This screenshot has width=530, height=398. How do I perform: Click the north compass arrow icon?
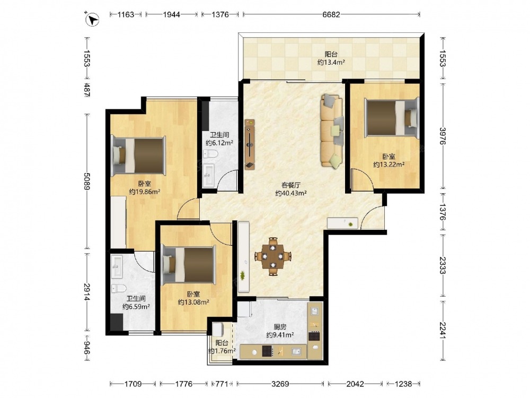tap(92, 19)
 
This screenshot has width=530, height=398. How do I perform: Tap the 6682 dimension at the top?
tap(331, 14)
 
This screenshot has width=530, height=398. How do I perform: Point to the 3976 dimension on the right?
tap(443, 136)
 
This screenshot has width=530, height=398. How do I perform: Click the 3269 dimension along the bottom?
tap(280, 384)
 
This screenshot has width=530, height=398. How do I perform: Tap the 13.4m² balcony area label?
tap(331, 62)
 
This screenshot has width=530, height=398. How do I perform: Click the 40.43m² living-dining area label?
tap(290, 193)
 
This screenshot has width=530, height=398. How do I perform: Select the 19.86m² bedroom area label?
tap(145, 192)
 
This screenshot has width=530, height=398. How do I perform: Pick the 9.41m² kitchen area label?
tap(280, 335)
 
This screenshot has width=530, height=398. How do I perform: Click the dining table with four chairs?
tap(273, 256)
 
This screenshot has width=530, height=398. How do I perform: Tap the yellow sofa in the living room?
tap(332, 131)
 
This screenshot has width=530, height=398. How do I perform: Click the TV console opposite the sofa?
tap(250, 144)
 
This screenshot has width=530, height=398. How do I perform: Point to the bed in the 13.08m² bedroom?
tap(189, 265)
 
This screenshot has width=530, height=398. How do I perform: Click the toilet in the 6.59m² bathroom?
tap(118, 289)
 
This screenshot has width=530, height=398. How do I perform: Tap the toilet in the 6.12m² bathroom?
tap(210, 154)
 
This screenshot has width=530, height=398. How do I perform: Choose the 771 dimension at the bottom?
tap(222, 384)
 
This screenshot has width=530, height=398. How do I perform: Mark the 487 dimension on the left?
tap(87, 90)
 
